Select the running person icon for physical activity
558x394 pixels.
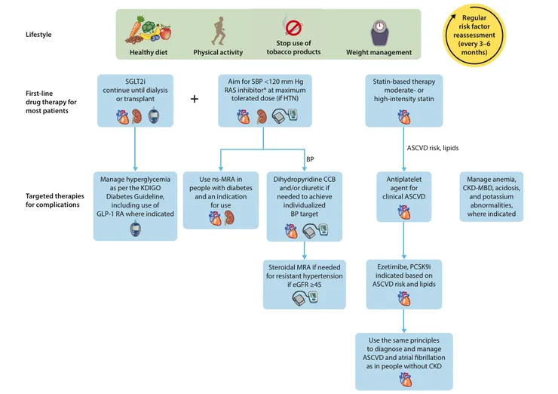click(218, 30)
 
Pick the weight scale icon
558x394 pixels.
click(379, 31)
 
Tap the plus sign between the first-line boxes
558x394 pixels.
click(195, 99)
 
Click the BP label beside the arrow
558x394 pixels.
click(309, 159)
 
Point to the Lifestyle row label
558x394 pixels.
click(40, 35)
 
